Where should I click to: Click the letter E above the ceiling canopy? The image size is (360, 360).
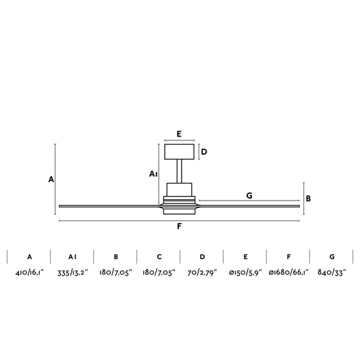click(179, 134)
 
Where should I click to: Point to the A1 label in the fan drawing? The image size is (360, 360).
click(153, 174)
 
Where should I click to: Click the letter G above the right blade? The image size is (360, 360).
click(249, 195)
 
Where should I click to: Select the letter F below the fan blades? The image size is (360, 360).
click(179, 226)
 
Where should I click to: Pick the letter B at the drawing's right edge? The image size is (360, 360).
click(308, 199)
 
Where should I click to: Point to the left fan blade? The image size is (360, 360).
click(108, 205)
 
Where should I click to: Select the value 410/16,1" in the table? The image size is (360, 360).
click(29, 274)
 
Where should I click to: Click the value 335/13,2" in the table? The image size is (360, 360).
click(72, 274)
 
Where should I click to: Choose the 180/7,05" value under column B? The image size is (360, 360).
click(115, 274)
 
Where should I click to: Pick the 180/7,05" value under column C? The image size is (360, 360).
click(159, 274)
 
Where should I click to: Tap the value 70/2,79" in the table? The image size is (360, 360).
click(202, 274)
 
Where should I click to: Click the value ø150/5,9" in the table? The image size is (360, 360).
click(245, 274)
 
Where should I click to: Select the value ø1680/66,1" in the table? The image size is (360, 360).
click(288, 274)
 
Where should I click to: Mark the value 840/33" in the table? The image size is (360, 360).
click(332, 274)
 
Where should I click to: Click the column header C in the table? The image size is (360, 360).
click(159, 257)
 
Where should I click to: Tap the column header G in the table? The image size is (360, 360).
click(332, 257)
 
